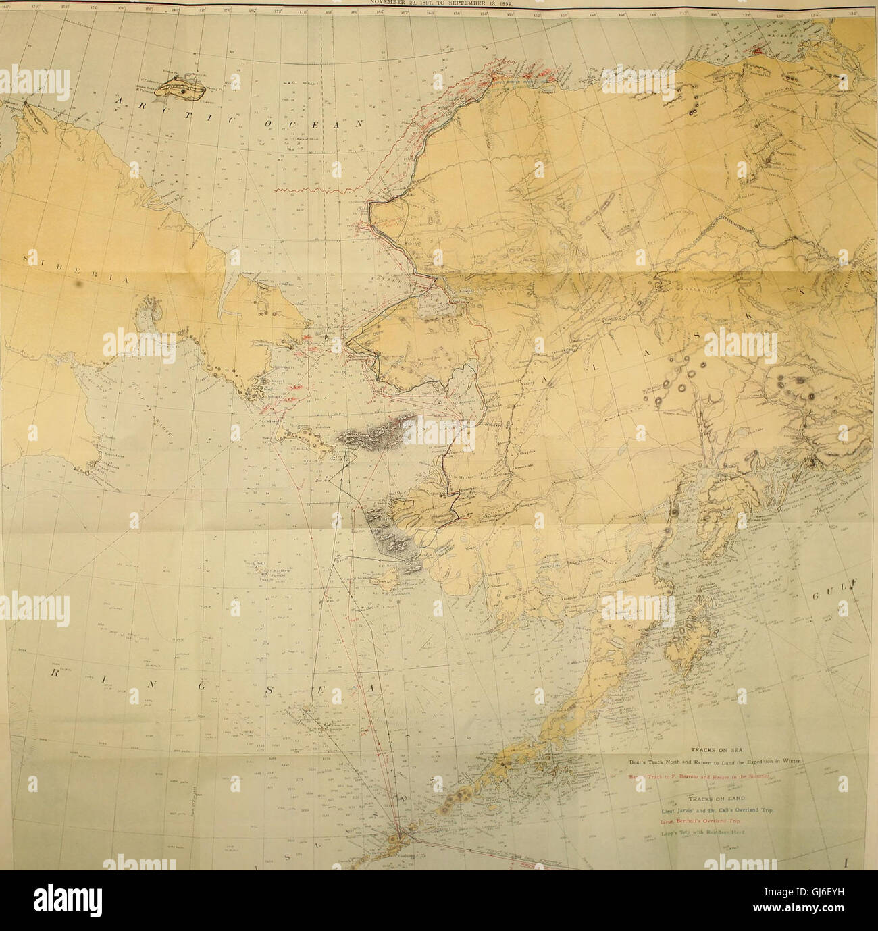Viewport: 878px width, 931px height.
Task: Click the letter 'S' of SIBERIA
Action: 26,258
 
